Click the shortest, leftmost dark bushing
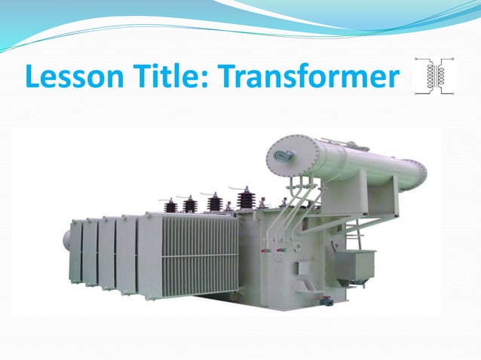click(171, 205)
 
